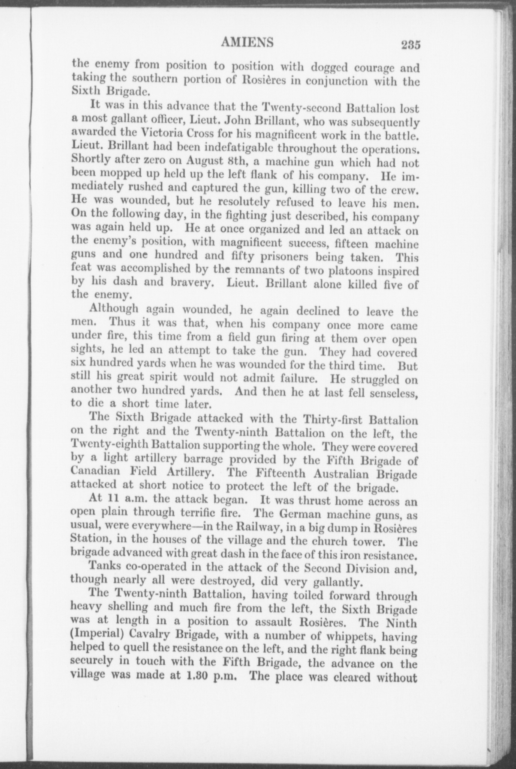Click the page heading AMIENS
tap(247, 42)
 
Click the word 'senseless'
tap(393, 393)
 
